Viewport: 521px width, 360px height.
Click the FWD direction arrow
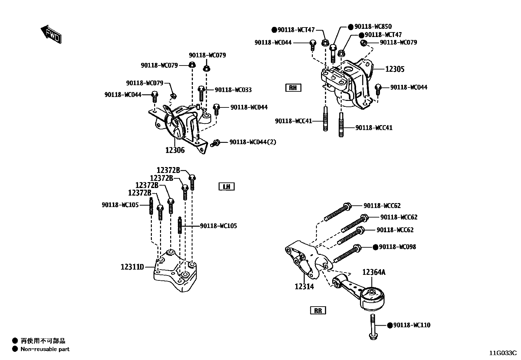point(51,34)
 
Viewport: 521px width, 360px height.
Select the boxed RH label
point(293,87)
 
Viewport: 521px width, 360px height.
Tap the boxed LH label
point(226,187)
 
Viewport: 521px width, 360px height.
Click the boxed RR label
point(318,311)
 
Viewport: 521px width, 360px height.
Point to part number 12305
point(395,69)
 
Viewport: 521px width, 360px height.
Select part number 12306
point(175,150)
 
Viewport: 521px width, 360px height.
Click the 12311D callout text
point(132,267)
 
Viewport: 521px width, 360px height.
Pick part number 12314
point(304,287)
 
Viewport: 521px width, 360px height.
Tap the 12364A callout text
point(374,272)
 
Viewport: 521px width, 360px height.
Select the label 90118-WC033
point(233,90)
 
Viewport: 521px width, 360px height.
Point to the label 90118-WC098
point(397,247)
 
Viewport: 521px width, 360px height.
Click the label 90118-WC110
point(412,325)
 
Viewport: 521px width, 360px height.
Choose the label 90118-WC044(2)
point(253,142)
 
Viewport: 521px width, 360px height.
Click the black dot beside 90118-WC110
point(389,325)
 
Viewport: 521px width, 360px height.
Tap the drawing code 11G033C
point(503,353)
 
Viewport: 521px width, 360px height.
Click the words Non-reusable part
point(45,349)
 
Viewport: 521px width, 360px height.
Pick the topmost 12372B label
point(168,170)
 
